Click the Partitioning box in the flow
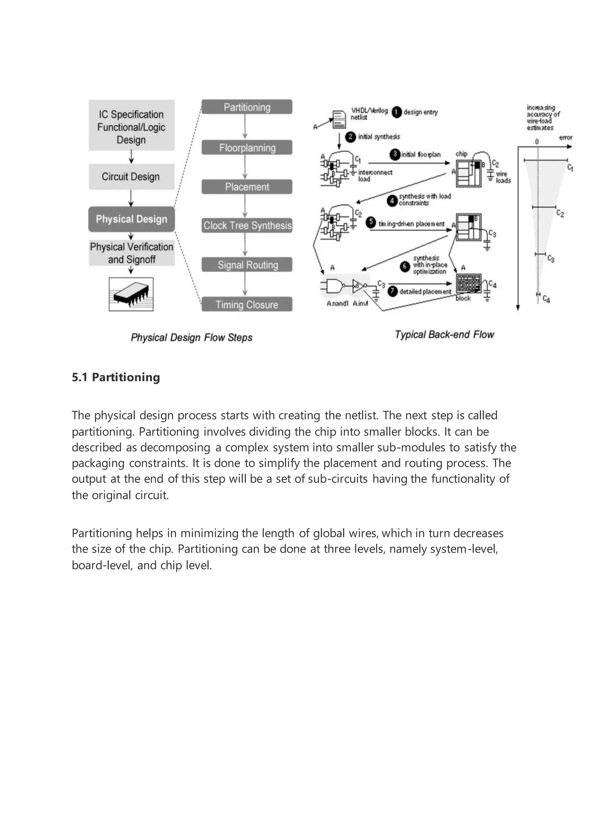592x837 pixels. (x=247, y=107)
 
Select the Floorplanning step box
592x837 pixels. (x=247, y=148)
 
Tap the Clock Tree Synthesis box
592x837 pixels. (x=247, y=225)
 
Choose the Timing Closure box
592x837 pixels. (x=247, y=304)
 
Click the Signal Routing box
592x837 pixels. (x=247, y=265)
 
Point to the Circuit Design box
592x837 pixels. (x=131, y=177)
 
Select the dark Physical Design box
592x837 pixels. (x=131, y=219)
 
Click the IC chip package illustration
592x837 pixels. (x=131, y=295)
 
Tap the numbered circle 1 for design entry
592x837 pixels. (x=396, y=112)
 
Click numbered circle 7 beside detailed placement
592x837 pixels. (x=392, y=292)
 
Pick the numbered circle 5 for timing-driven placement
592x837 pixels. (x=371, y=222)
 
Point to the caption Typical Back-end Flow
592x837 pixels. (x=444, y=335)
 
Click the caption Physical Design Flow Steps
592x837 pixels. (x=191, y=338)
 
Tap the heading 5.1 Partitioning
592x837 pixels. (x=116, y=377)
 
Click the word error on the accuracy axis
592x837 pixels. (x=565, y=138)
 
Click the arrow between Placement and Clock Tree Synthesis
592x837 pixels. (x=245, y=206)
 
